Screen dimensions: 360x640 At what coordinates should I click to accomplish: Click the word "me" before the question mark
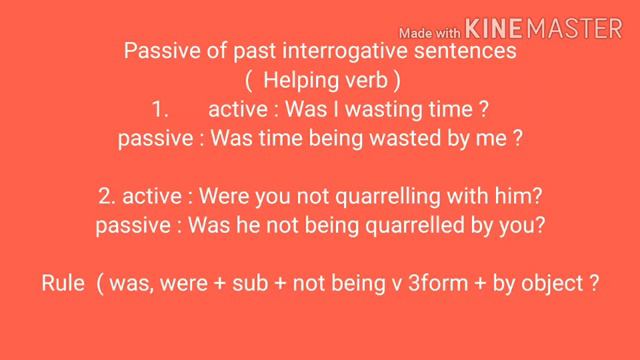(492, 138)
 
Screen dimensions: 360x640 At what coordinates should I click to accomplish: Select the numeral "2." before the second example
(107, 196)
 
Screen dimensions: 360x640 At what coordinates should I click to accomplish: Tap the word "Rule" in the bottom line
(64, 283)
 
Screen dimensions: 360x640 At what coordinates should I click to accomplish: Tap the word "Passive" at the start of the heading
(156, 51)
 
